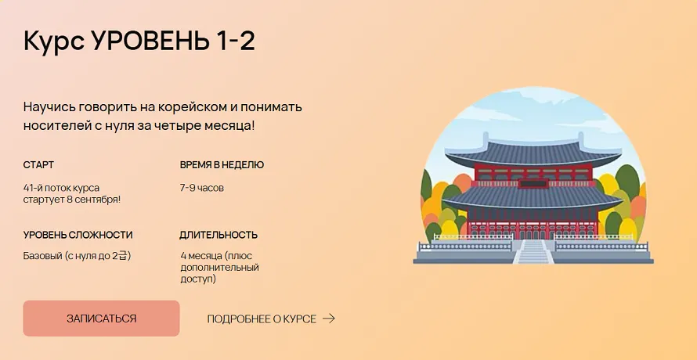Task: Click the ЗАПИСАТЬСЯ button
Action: (x=101, y=319)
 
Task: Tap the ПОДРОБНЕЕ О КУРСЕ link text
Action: (x=262, y=319)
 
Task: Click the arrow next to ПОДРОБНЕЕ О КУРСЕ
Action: (x=329, y=319)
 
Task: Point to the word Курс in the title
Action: (x=53, y=41)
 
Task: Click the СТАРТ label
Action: (x=38, y=164)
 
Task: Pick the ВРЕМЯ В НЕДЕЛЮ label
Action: (x=222, y=164)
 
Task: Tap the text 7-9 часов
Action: (x=202, y=188)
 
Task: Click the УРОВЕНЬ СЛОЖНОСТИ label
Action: (x=78, y=235)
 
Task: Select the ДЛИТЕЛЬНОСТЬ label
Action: (x=218, y=235)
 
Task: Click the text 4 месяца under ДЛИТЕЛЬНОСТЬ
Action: (x=201, y=256)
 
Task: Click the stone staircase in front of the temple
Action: (x=533, y=252)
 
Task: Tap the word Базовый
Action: (x=42, y=256)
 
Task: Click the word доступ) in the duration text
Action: (x=198, y=279)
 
